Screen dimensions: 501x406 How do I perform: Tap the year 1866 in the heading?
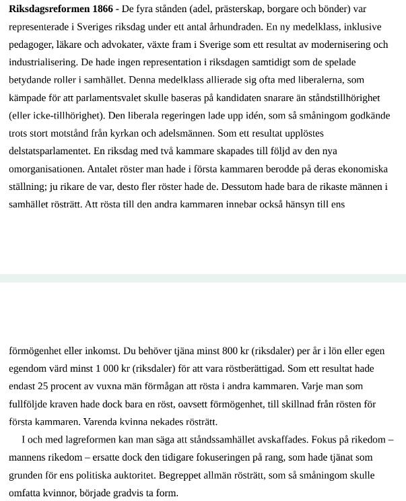(103, 9)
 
